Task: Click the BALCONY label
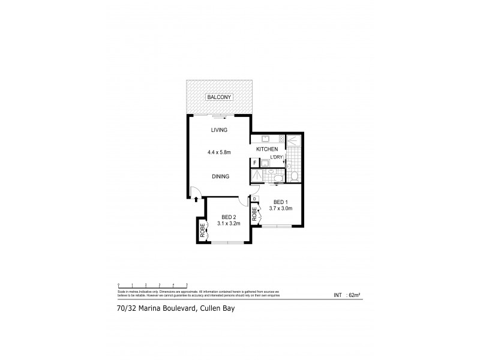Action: coord(219,97)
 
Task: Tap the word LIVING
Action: coord(218,130)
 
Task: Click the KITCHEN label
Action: coord(266,149)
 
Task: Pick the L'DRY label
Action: coord(277,157)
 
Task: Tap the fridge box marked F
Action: coord(254,163)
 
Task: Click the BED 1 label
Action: coord(281,202)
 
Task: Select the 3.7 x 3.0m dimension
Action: coord(281,209)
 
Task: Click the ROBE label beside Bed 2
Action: coord(203,230)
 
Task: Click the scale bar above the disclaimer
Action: coord(153,284)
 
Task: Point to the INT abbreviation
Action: coord(337,295)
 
